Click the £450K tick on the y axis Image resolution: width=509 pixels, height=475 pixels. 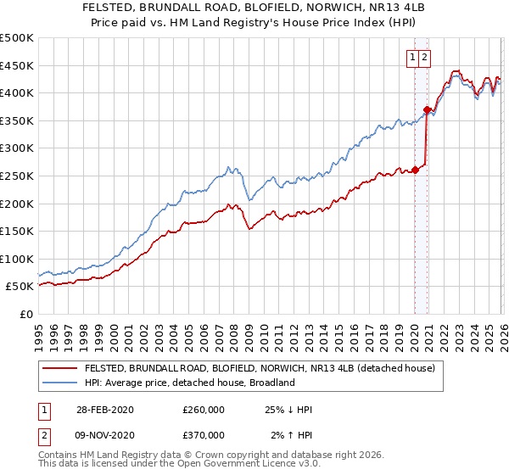[17, 65]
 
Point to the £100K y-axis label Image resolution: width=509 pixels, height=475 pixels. [17, 259]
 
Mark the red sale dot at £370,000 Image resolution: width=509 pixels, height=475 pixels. [427, 109]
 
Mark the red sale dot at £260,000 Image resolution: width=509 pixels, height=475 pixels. [416, 170]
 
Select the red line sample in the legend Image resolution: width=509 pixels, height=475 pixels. [59, 369]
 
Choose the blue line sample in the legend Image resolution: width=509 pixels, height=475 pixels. [59, 383]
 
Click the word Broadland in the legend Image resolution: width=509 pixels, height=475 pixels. [271, 383]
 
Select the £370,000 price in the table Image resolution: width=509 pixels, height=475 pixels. [203, 435]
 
